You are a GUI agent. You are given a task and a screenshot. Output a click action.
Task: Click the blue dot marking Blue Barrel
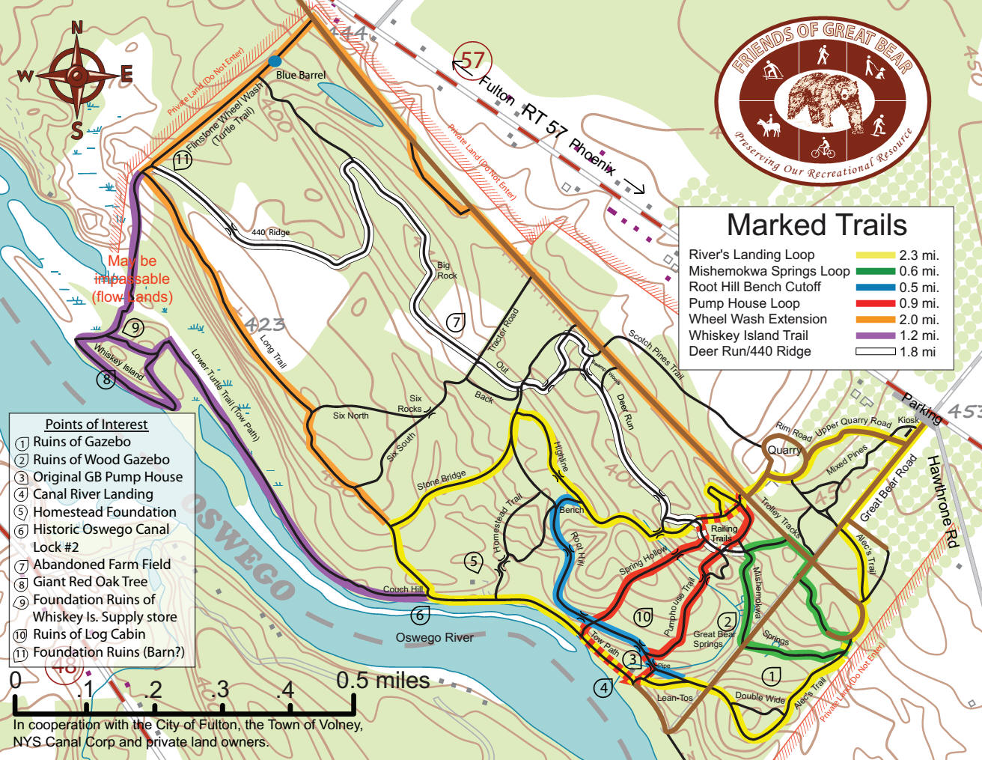tap(275, 61)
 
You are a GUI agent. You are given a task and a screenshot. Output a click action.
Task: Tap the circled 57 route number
tap(472, 60)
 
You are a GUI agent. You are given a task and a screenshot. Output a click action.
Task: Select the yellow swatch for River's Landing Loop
tap(875, 255)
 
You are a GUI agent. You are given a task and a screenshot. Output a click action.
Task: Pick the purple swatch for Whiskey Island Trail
tap(875, 335)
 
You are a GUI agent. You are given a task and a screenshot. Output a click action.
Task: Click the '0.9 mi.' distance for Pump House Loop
tap(918, 303)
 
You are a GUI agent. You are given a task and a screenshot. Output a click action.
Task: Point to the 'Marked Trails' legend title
tap(816, 225)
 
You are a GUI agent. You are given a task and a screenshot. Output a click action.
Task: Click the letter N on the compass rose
tap(76, 28)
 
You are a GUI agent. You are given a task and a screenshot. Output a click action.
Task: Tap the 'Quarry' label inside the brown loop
tap(784, 450)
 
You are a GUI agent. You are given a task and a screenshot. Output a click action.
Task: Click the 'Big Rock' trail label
tap(446, 270)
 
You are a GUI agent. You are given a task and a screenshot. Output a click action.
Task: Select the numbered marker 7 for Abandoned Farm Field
tap(456, 322)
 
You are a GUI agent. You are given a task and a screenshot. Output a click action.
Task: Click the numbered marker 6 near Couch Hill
tap(420, 615)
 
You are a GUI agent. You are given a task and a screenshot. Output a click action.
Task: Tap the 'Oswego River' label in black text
tap(434, 638)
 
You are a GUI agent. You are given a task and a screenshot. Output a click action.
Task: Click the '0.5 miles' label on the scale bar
tap(383, 681)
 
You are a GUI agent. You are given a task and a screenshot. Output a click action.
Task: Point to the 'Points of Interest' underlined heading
tap(97, 425)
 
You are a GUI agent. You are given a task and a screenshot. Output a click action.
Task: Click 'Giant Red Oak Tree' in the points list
tap(90, 582)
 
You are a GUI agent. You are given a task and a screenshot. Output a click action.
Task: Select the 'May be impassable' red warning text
tap(132, 279)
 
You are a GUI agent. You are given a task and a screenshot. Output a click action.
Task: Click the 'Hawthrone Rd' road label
tap(942, 501)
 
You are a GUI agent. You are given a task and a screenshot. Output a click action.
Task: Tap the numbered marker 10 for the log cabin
tap(643, 617)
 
